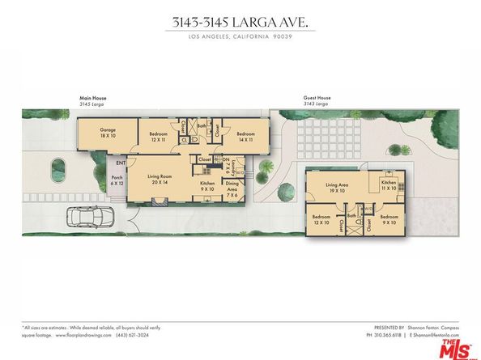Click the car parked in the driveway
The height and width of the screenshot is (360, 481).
(89, 217)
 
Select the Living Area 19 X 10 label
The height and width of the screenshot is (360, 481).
(337, 188)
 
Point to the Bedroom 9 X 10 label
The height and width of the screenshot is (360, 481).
(389, 220)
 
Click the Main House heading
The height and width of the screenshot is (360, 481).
(92, 99)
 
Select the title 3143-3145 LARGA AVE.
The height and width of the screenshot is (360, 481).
(240, 23)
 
